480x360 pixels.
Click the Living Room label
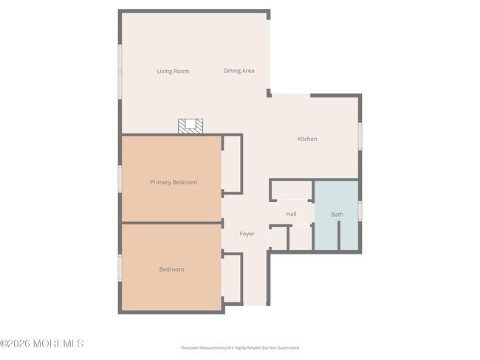pyautogui.click(x=173, y=72)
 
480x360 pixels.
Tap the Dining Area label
pyautogui.click(x=239, y=71)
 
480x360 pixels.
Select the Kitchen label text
pyautogui.click(x=307, y=139)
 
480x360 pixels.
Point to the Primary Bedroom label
pyautogui.click(x=174, y=182)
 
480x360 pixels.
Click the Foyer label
pyautogui.click(x=247, y=234)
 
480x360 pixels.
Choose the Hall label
pyautogui.click(x=291, y=214)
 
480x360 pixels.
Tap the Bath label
pyautogui.click(x=337, y=215)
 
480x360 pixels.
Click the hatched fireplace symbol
pyautogui.click(x=191, y=126)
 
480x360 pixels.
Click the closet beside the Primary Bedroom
pyautogui.click(x=231, y=165)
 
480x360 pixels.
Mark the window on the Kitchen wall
pyautogui.click(x=360, y=136)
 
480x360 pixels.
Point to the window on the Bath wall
pyautogui.click(x=360, y=211)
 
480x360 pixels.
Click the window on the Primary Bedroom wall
pyautogui.click(x=120, y=179)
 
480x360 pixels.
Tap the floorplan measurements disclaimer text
pyautogui.click(x=240, y=347)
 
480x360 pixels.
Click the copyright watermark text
pyautogui.click(x=41, y=344)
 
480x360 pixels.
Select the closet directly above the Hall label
pyautogui.click(x=292, y=190)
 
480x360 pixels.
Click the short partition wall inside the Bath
pyautogui.click(x=339, y=235)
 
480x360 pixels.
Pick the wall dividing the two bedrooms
pyautogui.click(x=171, y=223)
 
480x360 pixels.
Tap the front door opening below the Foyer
pyautogui.click(x=255, y=305)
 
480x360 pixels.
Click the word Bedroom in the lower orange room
pyautogui.click(x=171, y=269)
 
